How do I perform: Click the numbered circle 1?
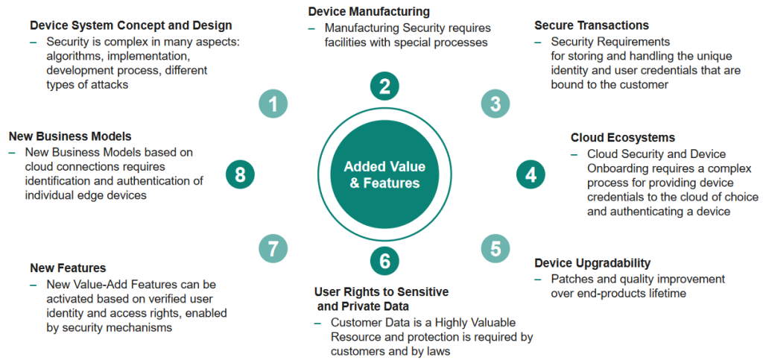pos(273,104)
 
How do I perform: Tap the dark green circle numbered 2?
pos(384,85)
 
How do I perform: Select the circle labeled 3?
pos(496,104)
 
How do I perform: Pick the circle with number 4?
pos(531,175)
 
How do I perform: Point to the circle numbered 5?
pos(496,247)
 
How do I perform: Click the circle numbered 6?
pos(384,261)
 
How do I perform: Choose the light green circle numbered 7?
pos(273,247)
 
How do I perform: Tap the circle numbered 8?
pos(240,175)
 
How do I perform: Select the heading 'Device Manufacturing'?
pos(369,12)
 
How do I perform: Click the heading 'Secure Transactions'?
pos(592,26)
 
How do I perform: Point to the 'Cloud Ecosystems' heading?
pos(623,138)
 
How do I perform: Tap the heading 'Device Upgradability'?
pos(593,263)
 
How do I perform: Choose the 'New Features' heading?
pos(68,268)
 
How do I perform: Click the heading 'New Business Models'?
pos(70,136)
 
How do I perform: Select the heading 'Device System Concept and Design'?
pos(130,26)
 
